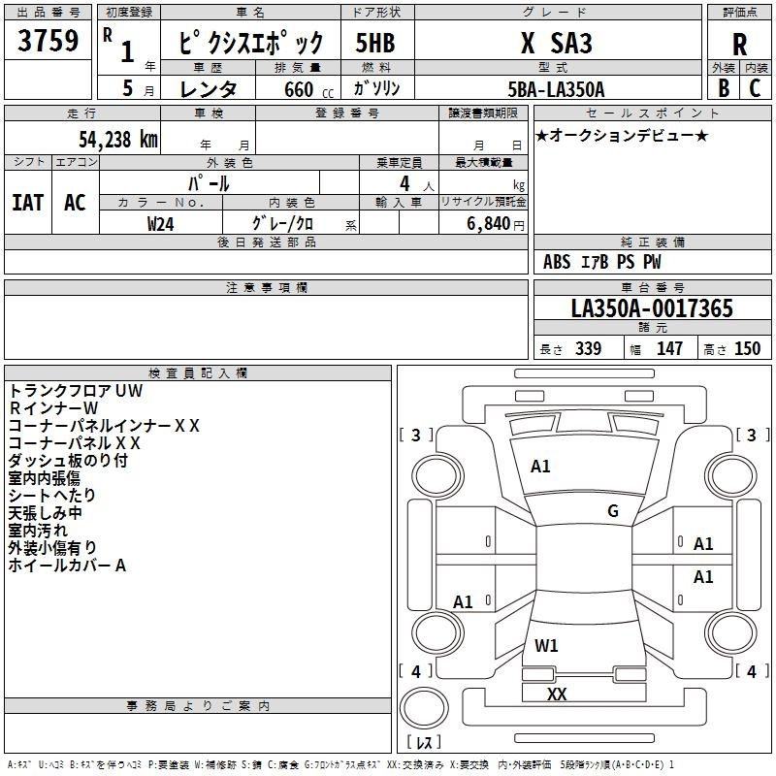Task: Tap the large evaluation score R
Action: click(x=739, y=45)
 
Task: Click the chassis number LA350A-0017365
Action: click(x=652, y=309)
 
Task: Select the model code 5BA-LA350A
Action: click(x=556, y=89)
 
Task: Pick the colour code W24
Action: click(x=161, y=223)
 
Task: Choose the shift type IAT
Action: click(x=27, y=202)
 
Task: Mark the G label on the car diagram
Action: click(x=613, y=511)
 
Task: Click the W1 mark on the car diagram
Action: click(x=546, y=645)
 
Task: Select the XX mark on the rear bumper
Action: click(x=557, y=694)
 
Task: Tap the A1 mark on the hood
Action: click(x=540, y=467)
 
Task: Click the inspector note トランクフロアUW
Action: click(x=76, y=391)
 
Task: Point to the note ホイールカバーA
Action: click(x=67, y=566)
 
